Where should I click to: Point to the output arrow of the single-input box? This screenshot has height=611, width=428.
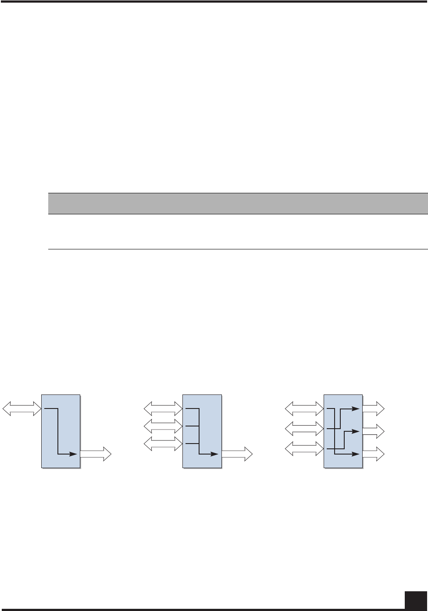point(96,454)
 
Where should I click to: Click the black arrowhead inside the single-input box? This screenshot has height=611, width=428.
point(75,454)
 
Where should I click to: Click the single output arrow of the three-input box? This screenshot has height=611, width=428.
point(237,454)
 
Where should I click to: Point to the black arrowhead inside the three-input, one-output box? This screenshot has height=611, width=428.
point(215,454)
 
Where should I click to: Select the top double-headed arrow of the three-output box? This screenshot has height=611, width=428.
point(304,409)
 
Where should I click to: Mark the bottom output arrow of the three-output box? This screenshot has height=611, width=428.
point(374,454)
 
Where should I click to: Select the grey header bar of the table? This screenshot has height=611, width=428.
point(237,203)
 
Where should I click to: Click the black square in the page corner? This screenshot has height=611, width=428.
point(416,599)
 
